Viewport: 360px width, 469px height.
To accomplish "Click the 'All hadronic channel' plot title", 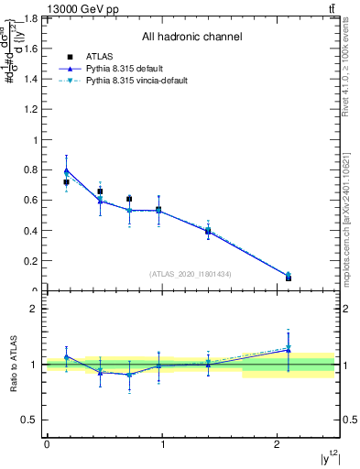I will click(x=191, y=38).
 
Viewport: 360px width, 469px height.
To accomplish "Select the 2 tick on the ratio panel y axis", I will click(x=36, y=309).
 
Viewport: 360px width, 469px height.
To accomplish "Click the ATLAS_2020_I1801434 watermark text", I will click(x=191, y=274).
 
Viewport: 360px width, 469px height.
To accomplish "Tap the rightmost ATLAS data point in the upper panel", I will click(x=289, y=277).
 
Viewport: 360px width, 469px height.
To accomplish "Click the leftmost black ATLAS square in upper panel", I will click(x=66, y=182).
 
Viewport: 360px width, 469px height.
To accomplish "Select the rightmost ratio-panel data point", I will click(x=289, y=349).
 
